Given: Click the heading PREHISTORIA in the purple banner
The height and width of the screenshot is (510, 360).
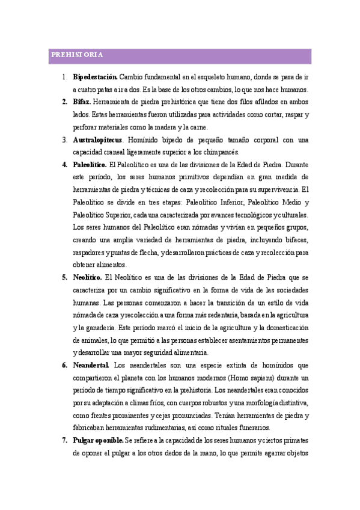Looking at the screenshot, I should coord(76,55).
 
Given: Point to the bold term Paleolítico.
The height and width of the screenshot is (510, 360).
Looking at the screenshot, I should coord(90,164).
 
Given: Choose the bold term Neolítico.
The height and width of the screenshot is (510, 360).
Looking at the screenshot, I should coord(88,277).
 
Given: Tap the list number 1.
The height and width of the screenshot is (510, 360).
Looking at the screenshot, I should coord(64,77).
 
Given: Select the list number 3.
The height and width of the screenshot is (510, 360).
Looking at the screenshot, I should coord(64,140).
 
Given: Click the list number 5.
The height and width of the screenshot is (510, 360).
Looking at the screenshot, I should coord(64,277).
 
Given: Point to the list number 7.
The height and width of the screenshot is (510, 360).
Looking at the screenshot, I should coord(64,440).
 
